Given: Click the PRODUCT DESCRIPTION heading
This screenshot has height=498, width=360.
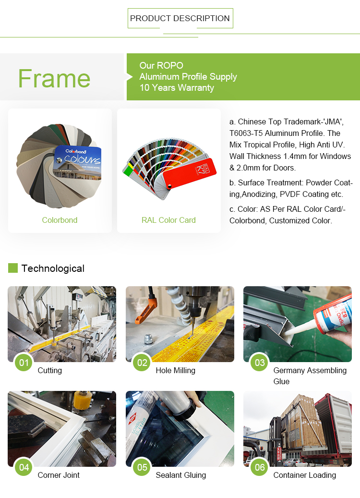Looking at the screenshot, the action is tap(180, 18).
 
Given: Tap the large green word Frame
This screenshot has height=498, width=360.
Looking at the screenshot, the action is tap(54, 78).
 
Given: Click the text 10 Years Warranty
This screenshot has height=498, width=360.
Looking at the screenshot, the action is tap(177, 88).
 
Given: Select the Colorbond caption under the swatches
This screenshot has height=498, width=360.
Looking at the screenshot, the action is tap(60, 220).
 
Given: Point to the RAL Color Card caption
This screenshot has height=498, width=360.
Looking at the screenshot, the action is tap(168, 220).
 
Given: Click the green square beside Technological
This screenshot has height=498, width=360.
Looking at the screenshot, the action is tap(12, 268).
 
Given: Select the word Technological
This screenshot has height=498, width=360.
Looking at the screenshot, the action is tap(53, 268).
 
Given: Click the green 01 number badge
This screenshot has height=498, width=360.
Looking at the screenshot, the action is tap(24, 363).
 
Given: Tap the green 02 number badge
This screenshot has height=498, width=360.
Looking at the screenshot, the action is tap(142, 363).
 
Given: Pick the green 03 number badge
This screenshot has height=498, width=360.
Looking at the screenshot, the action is tap(260, 363).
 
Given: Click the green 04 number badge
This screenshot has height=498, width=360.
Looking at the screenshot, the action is tap(24, 467).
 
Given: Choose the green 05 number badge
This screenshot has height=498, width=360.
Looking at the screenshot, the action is tap(142, 467).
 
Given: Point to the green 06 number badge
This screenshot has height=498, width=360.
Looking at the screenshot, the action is tap(260, 467).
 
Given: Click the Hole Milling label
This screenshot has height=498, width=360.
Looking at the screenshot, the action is tap(176, 370).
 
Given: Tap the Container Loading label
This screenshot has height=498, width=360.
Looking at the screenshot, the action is tap(305, 475).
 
